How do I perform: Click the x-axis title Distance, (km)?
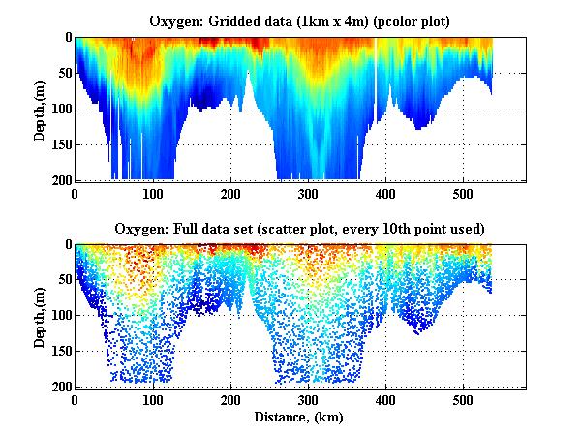300,418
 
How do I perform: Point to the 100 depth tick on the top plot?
60,109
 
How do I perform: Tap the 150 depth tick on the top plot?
60,144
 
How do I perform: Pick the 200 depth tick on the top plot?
60,180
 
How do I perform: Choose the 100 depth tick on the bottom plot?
60,316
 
